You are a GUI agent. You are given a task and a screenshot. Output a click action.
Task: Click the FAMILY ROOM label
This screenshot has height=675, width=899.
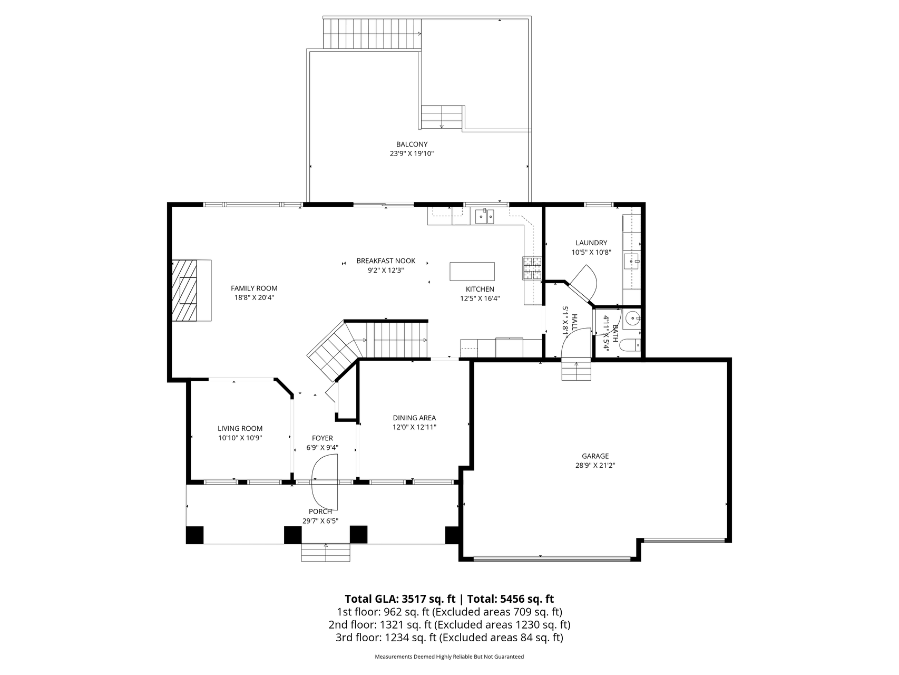[254, 288]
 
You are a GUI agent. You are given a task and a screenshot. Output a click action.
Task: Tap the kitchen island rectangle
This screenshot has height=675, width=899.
[472, 272]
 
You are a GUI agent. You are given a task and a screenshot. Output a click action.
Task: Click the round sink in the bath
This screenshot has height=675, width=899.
[631, 318]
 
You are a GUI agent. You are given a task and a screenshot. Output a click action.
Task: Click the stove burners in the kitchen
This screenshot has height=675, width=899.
[532, 268]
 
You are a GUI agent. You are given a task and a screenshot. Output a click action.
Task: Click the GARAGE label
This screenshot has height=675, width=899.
[595, 456]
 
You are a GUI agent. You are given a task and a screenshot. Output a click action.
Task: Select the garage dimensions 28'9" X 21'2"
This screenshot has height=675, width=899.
[595, 466]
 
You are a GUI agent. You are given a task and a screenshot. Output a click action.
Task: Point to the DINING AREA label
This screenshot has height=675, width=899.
[414, 418]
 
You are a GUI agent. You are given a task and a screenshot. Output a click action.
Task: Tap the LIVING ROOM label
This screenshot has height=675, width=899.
[240, 429]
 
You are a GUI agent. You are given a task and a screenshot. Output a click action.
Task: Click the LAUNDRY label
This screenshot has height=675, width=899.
[591, 243]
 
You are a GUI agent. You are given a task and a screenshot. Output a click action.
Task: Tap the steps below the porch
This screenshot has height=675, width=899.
[326, 553]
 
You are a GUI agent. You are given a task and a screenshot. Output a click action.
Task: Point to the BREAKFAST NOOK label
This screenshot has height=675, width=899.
[386, 261]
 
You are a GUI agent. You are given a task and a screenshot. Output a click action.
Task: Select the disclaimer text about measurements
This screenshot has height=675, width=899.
[449, 657]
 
